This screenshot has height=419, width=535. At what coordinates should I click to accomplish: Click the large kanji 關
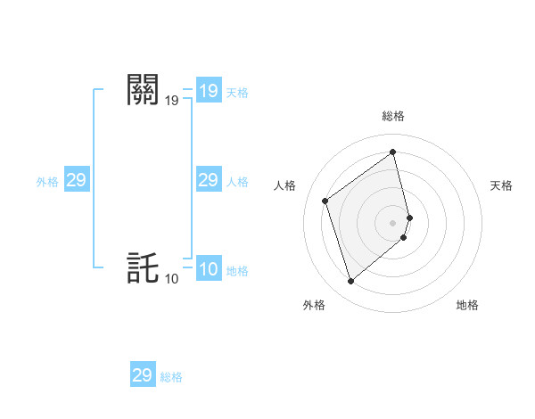(144, 90)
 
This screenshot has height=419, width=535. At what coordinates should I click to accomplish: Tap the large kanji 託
(144, 268)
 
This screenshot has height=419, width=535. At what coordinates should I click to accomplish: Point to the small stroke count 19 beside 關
(171, 102)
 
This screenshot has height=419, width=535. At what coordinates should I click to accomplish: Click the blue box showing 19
(209, 91)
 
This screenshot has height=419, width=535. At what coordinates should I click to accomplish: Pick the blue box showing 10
(209, 269)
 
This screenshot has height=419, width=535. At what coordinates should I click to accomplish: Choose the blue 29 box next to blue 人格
(209, 180)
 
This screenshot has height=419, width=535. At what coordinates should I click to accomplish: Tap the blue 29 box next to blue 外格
(77, 180)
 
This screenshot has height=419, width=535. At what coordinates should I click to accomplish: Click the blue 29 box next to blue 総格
(143, 375)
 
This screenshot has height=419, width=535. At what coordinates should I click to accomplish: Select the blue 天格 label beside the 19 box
(237, 93)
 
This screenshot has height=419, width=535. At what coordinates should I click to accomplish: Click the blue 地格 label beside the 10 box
(237, 271)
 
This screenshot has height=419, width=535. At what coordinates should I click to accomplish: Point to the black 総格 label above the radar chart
(393, 116)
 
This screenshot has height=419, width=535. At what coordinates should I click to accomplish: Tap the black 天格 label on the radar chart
(501, 185)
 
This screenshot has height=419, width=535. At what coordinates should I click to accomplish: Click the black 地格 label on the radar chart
(467, 305)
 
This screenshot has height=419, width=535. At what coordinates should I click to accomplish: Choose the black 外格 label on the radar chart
(314, 305)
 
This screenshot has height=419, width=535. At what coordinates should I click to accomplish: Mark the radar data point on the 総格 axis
(393, 152)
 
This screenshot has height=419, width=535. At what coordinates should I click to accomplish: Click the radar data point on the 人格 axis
(325, 201)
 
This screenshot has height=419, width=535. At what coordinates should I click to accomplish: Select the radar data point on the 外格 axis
(351, 282)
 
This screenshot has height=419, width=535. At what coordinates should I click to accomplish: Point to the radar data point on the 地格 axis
(404, 237)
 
